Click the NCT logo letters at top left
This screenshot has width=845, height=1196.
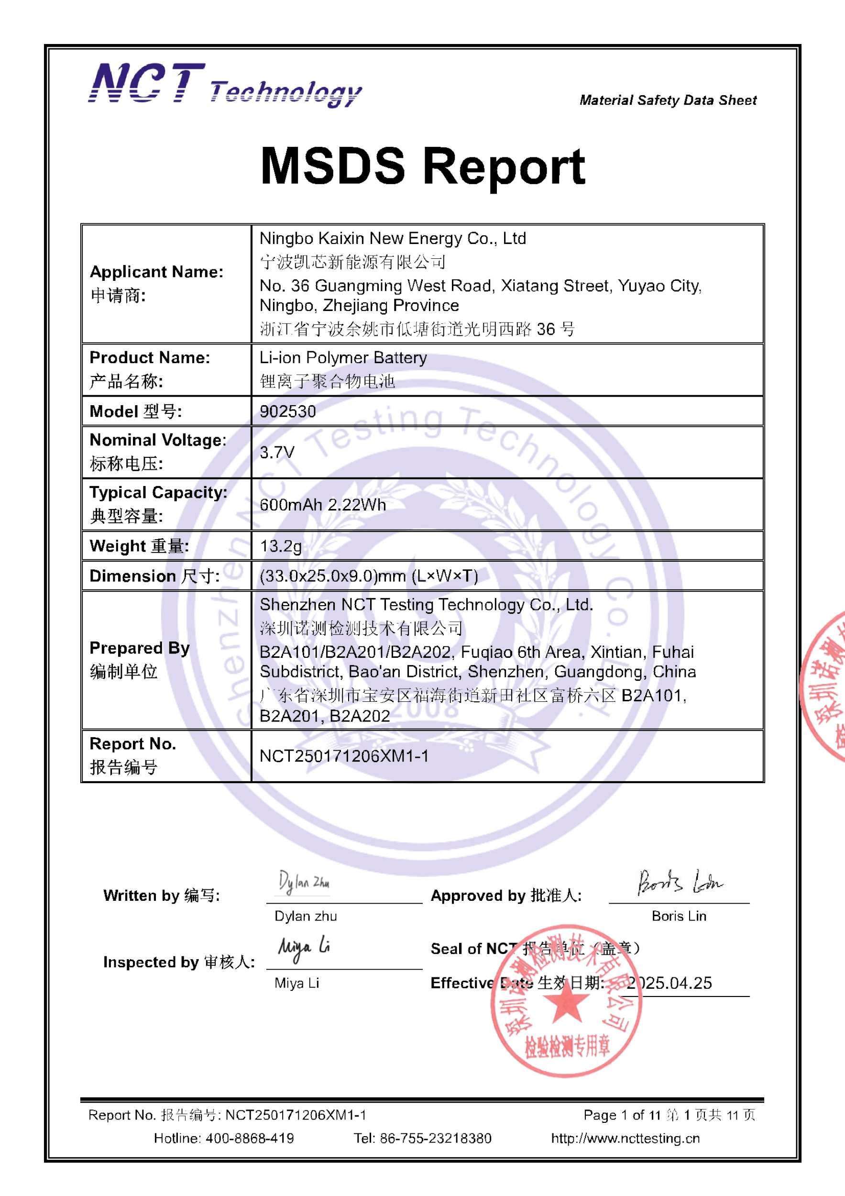[x=147, y=83]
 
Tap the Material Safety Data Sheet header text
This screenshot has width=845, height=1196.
[x=668, y=100]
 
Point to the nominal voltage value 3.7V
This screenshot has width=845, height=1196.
[x=277, y=452]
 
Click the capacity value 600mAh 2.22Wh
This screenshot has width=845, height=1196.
[x=323, y=504]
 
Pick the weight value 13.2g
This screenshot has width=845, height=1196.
[x=281, y=546]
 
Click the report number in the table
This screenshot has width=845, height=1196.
[x=344, y=756]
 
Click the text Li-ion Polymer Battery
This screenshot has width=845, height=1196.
[x=343, y=357]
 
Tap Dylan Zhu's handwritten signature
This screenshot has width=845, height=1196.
[x=304, y=883]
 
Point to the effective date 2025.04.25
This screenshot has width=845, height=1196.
[x=669, y=983]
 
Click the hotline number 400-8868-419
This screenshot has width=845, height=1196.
[x=249, y=1138]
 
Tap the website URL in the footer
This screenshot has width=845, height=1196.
[x=626, y=1138]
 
